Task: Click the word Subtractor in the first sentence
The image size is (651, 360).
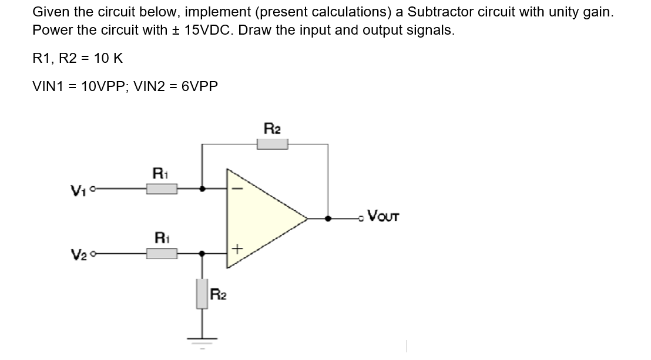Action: pyautogui.click(x=438, y=12)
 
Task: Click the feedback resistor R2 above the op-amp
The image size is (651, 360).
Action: pyautogui.click(x=271, y=144)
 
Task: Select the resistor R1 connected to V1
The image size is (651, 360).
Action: pyautogui.click(x=162, y=189)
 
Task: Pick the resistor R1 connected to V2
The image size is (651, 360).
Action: pyautogui.click(x=162, y=254)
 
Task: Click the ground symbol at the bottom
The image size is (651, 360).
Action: pyautogui.click(x=203, y=339)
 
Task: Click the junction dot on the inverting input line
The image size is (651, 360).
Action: pyautogui.click(x=203, y=189)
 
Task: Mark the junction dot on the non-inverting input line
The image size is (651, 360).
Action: pyautogui.click(x=203, y=254)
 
